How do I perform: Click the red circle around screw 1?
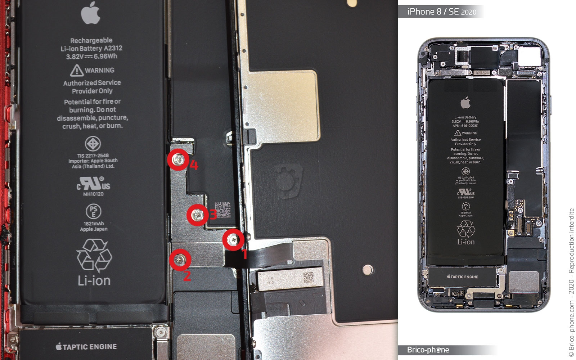click(233, 239)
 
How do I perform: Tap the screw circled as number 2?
click(180, 259)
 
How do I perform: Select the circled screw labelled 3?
click(197, 215)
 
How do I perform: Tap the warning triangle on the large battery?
click(76, 70)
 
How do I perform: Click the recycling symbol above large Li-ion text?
click(94, 256)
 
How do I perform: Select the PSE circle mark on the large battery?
click(94, 211)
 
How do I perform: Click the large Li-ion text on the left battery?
click(94, 280)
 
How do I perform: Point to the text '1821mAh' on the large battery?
click(94, 224)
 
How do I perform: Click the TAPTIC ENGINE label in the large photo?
click(86, 347)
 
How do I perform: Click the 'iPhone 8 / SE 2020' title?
click(442, 12)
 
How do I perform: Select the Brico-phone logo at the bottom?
click(428, 350)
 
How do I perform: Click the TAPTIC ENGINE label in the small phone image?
click(463, 277)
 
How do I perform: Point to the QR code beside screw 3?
click(222, 210)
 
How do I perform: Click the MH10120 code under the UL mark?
click(93, 194)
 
